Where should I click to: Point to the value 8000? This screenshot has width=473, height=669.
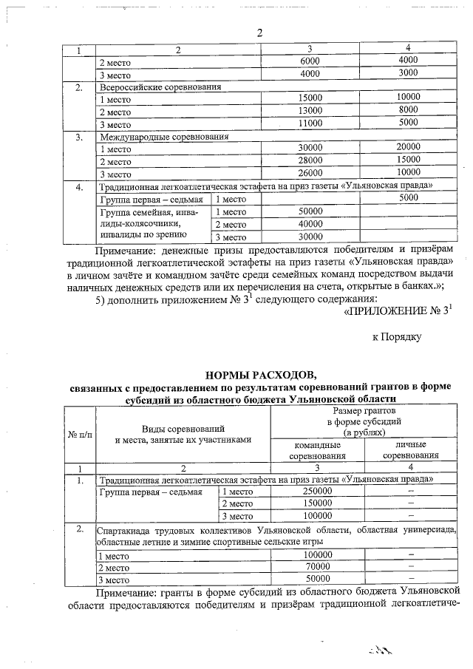(408, 111)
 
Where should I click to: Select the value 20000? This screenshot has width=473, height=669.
(408, 148)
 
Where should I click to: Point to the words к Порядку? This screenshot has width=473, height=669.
(396, 336)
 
